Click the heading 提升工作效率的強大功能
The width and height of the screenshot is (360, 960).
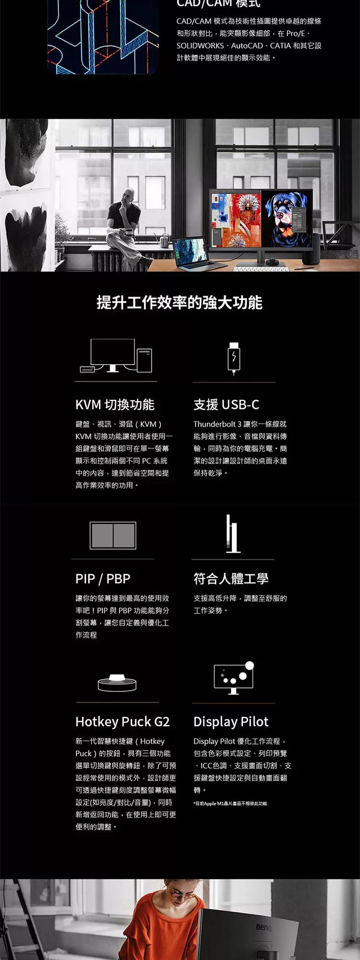[180, 303]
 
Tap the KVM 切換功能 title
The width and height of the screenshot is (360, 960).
[115, 405]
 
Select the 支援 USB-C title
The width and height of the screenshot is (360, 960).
[226, 405]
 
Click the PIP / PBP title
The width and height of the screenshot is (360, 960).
[103, 579]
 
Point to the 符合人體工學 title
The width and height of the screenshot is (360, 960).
[231, 579]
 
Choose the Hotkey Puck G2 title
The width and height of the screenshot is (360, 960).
[122, 722]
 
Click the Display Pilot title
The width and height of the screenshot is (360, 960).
[231, 722]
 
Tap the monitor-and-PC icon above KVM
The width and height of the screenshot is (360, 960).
[116, 356]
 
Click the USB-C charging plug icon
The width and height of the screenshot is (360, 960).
[234, 358]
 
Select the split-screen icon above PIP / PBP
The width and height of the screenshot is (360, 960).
[113, 535]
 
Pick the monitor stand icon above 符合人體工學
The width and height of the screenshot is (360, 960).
[233, 534]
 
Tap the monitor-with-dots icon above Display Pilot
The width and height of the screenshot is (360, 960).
[234, 678]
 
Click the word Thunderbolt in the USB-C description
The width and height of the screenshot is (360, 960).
[214, 424]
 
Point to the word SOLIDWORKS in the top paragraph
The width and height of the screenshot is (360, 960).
[200, 46]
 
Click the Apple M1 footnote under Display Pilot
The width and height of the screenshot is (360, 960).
[230, 804]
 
